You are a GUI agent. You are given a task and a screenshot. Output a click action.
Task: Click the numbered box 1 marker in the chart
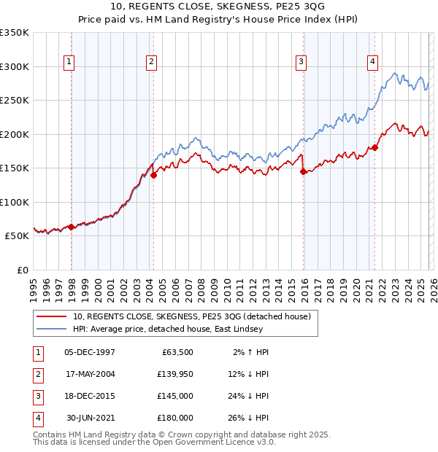point(69,63)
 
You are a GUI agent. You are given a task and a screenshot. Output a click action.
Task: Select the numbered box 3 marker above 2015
point(300,63)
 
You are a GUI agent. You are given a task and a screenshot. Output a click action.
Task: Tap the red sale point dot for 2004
point(154,175)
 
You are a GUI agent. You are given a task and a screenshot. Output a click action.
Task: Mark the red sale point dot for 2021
point(375,148)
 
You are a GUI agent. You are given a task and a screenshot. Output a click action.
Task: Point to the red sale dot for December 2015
point(303,172)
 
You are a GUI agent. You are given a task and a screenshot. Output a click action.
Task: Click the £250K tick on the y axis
point(15,101)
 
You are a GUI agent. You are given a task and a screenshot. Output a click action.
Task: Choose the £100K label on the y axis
point(15,202)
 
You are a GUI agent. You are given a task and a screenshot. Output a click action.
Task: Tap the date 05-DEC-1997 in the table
point(90,352)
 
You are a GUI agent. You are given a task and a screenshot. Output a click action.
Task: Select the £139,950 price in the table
point(175,374)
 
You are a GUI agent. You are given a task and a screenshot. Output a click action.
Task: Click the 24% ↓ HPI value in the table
point(247,396)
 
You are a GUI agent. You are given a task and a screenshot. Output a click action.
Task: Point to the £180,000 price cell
point(175,418)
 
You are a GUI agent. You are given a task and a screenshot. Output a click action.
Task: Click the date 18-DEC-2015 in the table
point(90,396)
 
